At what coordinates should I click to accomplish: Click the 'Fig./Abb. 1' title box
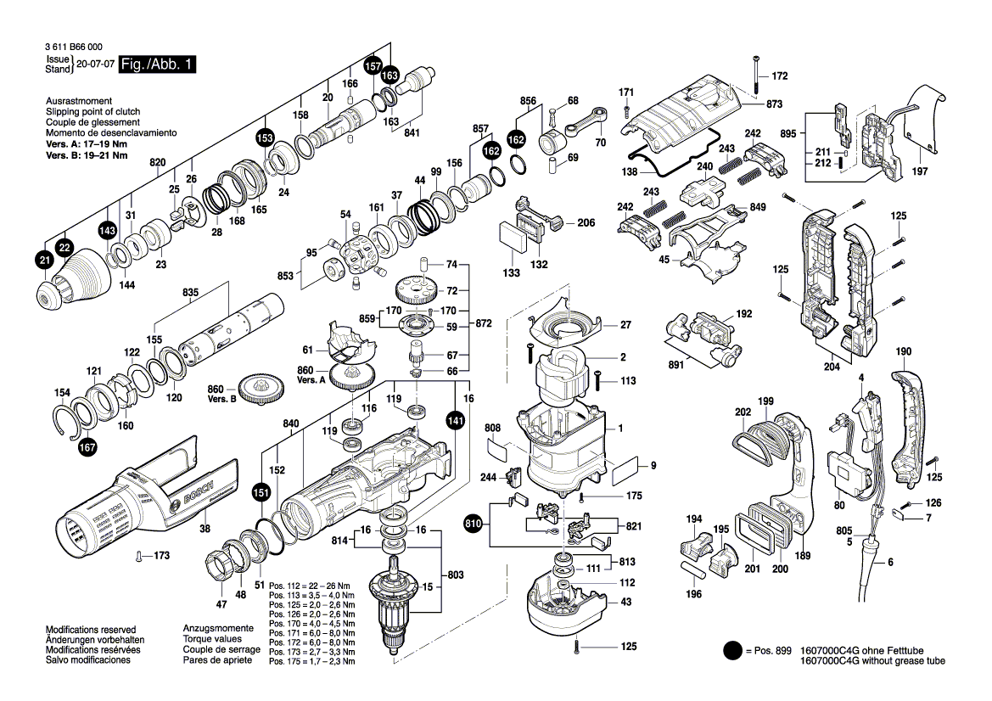tap(157, 65)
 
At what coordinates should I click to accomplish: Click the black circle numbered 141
tap(457, 419)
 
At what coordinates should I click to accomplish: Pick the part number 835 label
tap(190, 293)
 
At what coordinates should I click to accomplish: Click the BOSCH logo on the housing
tap(194, 495)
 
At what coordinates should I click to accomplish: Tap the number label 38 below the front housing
tap(205, 528)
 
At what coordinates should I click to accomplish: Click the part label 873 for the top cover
tap(773, 104)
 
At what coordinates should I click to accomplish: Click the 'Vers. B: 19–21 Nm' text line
tap(87, 155)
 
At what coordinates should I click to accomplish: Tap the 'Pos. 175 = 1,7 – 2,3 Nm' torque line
tap(312, 661)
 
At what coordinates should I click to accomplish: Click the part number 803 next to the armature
tap(456, 576)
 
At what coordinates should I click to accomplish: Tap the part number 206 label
tap(586, 223)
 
